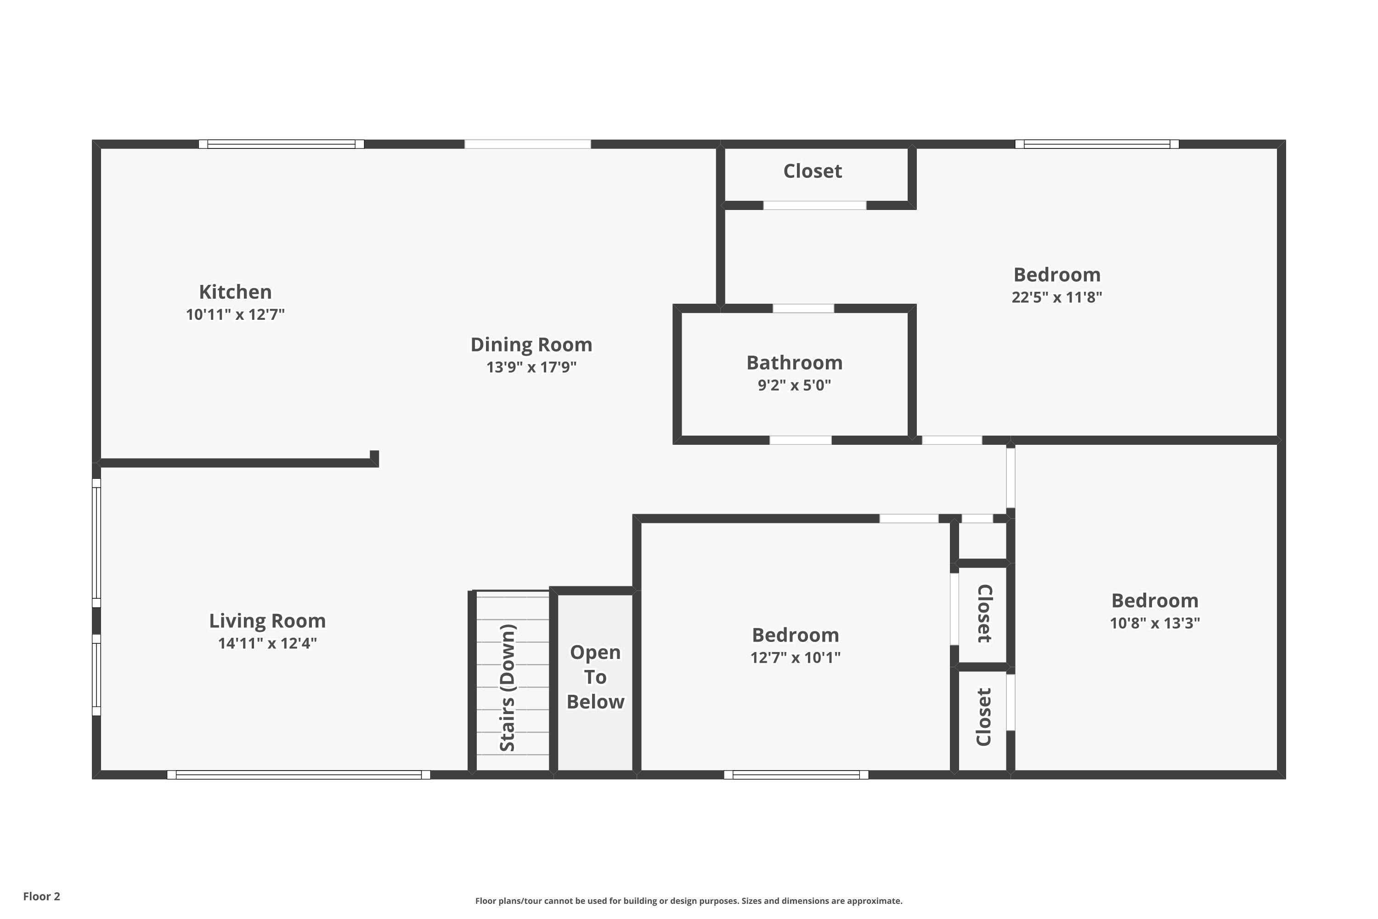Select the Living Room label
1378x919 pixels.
tap(267, 621)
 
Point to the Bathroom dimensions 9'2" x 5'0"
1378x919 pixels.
tap(795, 385)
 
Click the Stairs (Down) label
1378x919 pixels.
tap(508, 687)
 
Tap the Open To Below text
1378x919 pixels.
tap(595, 677)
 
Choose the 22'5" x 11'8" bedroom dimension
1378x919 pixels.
tap(1057, 297)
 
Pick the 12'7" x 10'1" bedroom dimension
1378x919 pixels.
tap(796, 658)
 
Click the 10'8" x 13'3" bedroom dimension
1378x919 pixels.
tap(1155, 623)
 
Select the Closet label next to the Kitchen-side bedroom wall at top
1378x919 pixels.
tap(813, 171)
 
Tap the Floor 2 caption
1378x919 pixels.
tap(42, 896)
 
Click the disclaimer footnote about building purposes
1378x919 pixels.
tap(689, 901)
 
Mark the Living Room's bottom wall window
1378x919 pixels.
tap(299, 775)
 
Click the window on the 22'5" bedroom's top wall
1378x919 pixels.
tap(1097, 144)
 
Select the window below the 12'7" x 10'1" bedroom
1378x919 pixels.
tap(796, 775)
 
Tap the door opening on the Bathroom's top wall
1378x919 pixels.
tap(803, 308)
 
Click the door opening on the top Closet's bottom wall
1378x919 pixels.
tap(814, 205)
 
